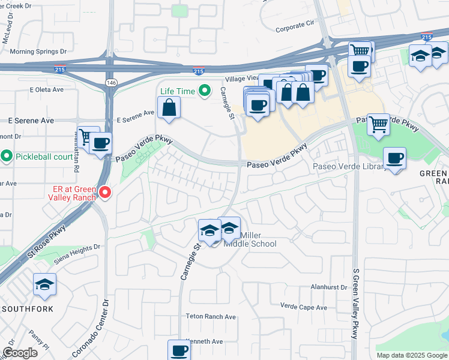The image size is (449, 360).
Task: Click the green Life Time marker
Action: coord(205,91)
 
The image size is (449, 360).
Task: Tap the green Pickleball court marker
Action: coord(7,157)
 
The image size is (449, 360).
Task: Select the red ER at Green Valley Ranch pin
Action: coord(106,193)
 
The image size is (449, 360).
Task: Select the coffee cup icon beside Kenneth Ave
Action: coord(179,350)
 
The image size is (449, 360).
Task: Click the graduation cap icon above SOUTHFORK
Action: coord(44,284)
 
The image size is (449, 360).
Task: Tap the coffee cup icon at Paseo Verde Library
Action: coord(394,158)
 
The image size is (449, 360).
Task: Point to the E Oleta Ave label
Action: coord(46,90)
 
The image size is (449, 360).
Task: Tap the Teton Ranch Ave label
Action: coord(211,316)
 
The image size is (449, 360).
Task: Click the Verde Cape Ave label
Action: coord(304,307)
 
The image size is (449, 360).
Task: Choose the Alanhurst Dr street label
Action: coord(329,287)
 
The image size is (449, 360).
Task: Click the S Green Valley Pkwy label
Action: coord(355,304)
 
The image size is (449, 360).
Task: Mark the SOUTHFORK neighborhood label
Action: coord(28,309)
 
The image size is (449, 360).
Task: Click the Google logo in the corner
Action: coord(20,353)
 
